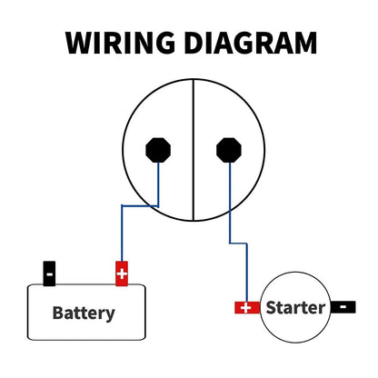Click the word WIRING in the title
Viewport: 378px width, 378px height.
tap(120, 43)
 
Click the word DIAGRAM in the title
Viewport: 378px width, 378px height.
tap(251, 43)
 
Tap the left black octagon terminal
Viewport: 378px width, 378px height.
tap(158, 150)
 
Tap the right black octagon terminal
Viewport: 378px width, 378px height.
tap(229, 150)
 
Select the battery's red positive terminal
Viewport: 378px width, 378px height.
tap(122, 274)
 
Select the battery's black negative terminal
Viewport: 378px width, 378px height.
tap(49, 274)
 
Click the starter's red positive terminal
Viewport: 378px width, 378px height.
tap(247, 308)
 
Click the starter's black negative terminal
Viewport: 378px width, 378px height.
tap(343, 307)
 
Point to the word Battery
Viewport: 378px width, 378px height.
tap(84, 313)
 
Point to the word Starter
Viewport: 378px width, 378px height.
tap(295, 307)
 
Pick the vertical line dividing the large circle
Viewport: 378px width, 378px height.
tap(194, 150)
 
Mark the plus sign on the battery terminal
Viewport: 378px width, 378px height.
tap(122, 274)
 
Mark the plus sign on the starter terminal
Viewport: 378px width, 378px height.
tap(245, 308)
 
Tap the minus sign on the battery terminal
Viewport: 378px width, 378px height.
tap(49, 274)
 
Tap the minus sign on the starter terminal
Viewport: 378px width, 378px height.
tap(343, 307)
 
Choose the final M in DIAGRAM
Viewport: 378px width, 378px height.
tap(305, 43)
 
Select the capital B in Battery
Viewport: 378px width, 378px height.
tap(58, 313)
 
